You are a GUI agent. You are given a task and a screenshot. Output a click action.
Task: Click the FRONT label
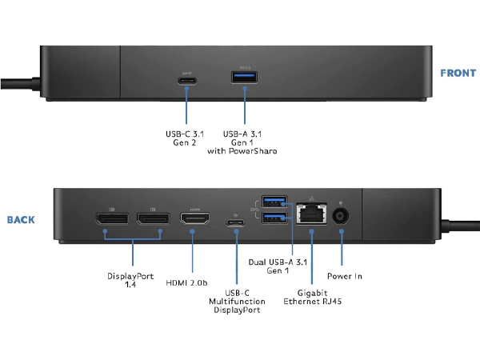(x=458, y=74)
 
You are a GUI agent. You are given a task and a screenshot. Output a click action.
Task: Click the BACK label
(x=21, y=219)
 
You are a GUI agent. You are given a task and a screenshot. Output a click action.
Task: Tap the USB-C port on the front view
(x=187, y=80)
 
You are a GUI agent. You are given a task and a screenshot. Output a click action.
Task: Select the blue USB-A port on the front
(x=242, y=77)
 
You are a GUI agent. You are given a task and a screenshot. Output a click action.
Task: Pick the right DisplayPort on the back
(x=152, y=218)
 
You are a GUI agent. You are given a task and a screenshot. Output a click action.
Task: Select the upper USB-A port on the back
(x=274, y=202)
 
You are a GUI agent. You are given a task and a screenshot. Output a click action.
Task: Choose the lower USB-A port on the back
(x=274, y=218)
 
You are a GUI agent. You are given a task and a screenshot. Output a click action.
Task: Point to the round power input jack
(x=343, y=216)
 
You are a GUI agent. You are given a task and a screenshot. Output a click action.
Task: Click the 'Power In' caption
(x=346, y=277)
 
